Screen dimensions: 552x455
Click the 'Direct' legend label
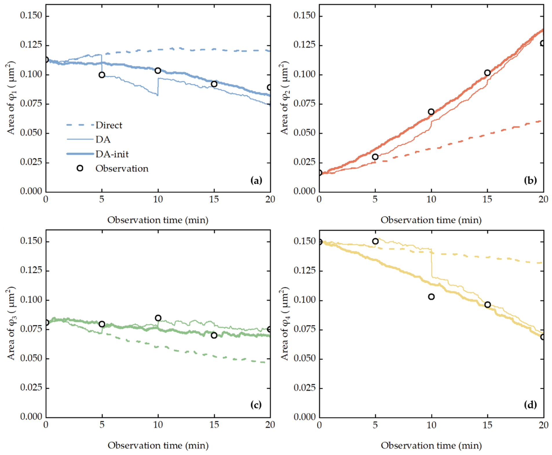(109, 125)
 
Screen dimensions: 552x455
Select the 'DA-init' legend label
(112, 154)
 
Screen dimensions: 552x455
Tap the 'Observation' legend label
(122, 168)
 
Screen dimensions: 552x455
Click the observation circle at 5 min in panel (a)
(102, 75)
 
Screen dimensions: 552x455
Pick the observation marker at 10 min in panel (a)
(158, 71)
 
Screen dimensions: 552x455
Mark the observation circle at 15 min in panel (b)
(487, 73)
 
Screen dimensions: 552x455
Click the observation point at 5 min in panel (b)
(375, 157)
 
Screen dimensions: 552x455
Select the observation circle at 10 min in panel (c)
(158, 318)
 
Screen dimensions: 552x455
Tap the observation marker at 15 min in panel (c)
(214, 336)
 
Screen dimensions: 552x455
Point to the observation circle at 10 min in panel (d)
(431, 297)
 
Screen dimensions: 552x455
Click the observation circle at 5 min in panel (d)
(375, 241)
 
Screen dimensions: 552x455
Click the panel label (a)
(256, 180)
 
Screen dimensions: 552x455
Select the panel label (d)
(530, 405)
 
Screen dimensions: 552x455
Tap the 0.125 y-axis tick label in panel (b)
(304, 45)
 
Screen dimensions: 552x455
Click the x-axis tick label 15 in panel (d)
(487, 425)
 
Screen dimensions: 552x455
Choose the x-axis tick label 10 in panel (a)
(158, 199)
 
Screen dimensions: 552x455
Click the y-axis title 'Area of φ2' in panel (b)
(285, 98)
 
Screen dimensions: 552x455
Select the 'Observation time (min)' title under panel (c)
(158, 445)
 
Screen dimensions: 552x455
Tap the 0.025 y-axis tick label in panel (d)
(304, 387)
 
